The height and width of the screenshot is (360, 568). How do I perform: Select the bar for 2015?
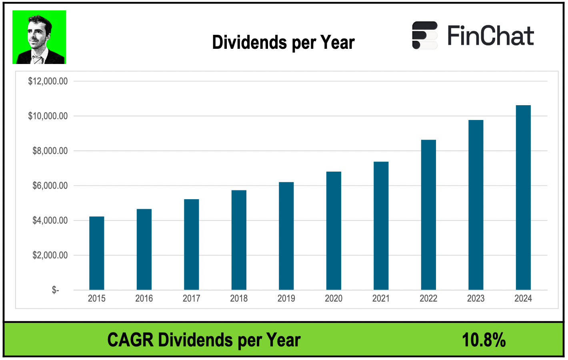pos(96,253)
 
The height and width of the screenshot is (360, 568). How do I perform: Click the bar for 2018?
pos(239,240)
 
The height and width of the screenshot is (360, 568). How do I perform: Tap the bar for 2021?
pos(381,226)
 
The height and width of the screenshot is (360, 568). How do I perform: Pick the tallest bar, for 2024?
pos(523,198)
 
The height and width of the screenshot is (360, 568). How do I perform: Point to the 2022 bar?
pos(428,215)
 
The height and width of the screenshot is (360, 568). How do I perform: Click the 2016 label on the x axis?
pos(144,298)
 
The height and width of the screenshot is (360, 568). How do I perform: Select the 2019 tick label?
pos(286,298)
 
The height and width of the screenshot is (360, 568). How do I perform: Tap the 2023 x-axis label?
pos(476,298)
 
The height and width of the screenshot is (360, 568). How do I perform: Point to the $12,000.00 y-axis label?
pos(48,81)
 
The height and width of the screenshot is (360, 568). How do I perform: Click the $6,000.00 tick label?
pos(50,186)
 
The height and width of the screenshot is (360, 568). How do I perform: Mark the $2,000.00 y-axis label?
pos(50,255)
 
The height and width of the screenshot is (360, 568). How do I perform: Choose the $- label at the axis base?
pos(55,290)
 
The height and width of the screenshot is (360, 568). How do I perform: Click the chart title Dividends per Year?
pos(283,42)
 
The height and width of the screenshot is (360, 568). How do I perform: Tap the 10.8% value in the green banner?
pos(484,340)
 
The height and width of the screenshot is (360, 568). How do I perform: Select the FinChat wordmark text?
pos(491,36)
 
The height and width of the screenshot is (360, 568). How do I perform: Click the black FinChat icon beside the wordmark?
pos(425,35)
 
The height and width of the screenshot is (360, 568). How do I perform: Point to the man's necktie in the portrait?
pos(38,60)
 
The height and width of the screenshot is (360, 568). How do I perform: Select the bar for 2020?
pos(334,231)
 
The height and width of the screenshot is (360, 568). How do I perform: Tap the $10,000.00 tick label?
pos(48,116)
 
